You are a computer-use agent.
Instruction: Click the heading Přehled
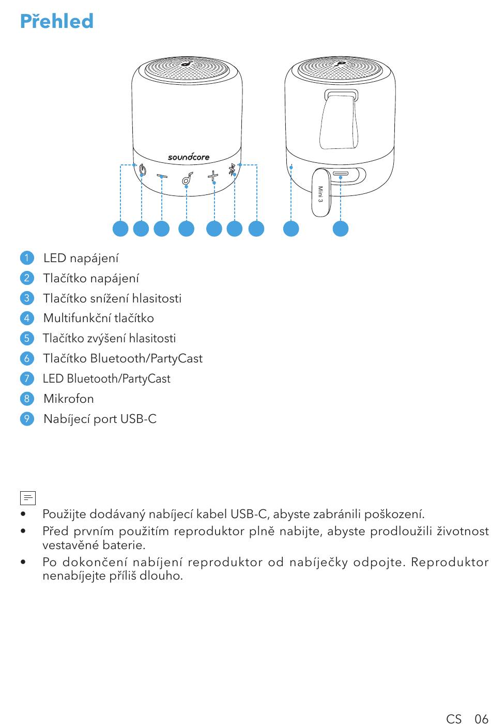[x=57, y=21]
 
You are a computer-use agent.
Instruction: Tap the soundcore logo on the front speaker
[x=189, y=157]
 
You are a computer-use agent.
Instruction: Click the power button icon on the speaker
[x=142, y=170]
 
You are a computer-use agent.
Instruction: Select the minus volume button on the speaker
[x=162, y=176]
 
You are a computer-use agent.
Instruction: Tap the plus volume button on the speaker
[x=213, y=176]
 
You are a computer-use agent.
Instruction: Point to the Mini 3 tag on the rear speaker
[x=320, y=194]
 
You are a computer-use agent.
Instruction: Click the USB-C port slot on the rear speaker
[x=341, y=174]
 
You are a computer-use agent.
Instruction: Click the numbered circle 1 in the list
[x=27, y=258]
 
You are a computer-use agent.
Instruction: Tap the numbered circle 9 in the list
[x=27, y=419]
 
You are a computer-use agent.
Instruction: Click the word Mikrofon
[x=69, y=399]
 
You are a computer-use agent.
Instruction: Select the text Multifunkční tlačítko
[x=99, y=318]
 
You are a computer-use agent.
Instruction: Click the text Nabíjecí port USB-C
[x=100, y=419]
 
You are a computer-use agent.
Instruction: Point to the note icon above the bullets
[x=28, y=497]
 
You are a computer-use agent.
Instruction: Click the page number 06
[x=481, y=719]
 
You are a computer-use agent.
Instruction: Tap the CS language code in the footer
[x=454, y=719]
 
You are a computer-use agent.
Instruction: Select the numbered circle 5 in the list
[x=27, y=339]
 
